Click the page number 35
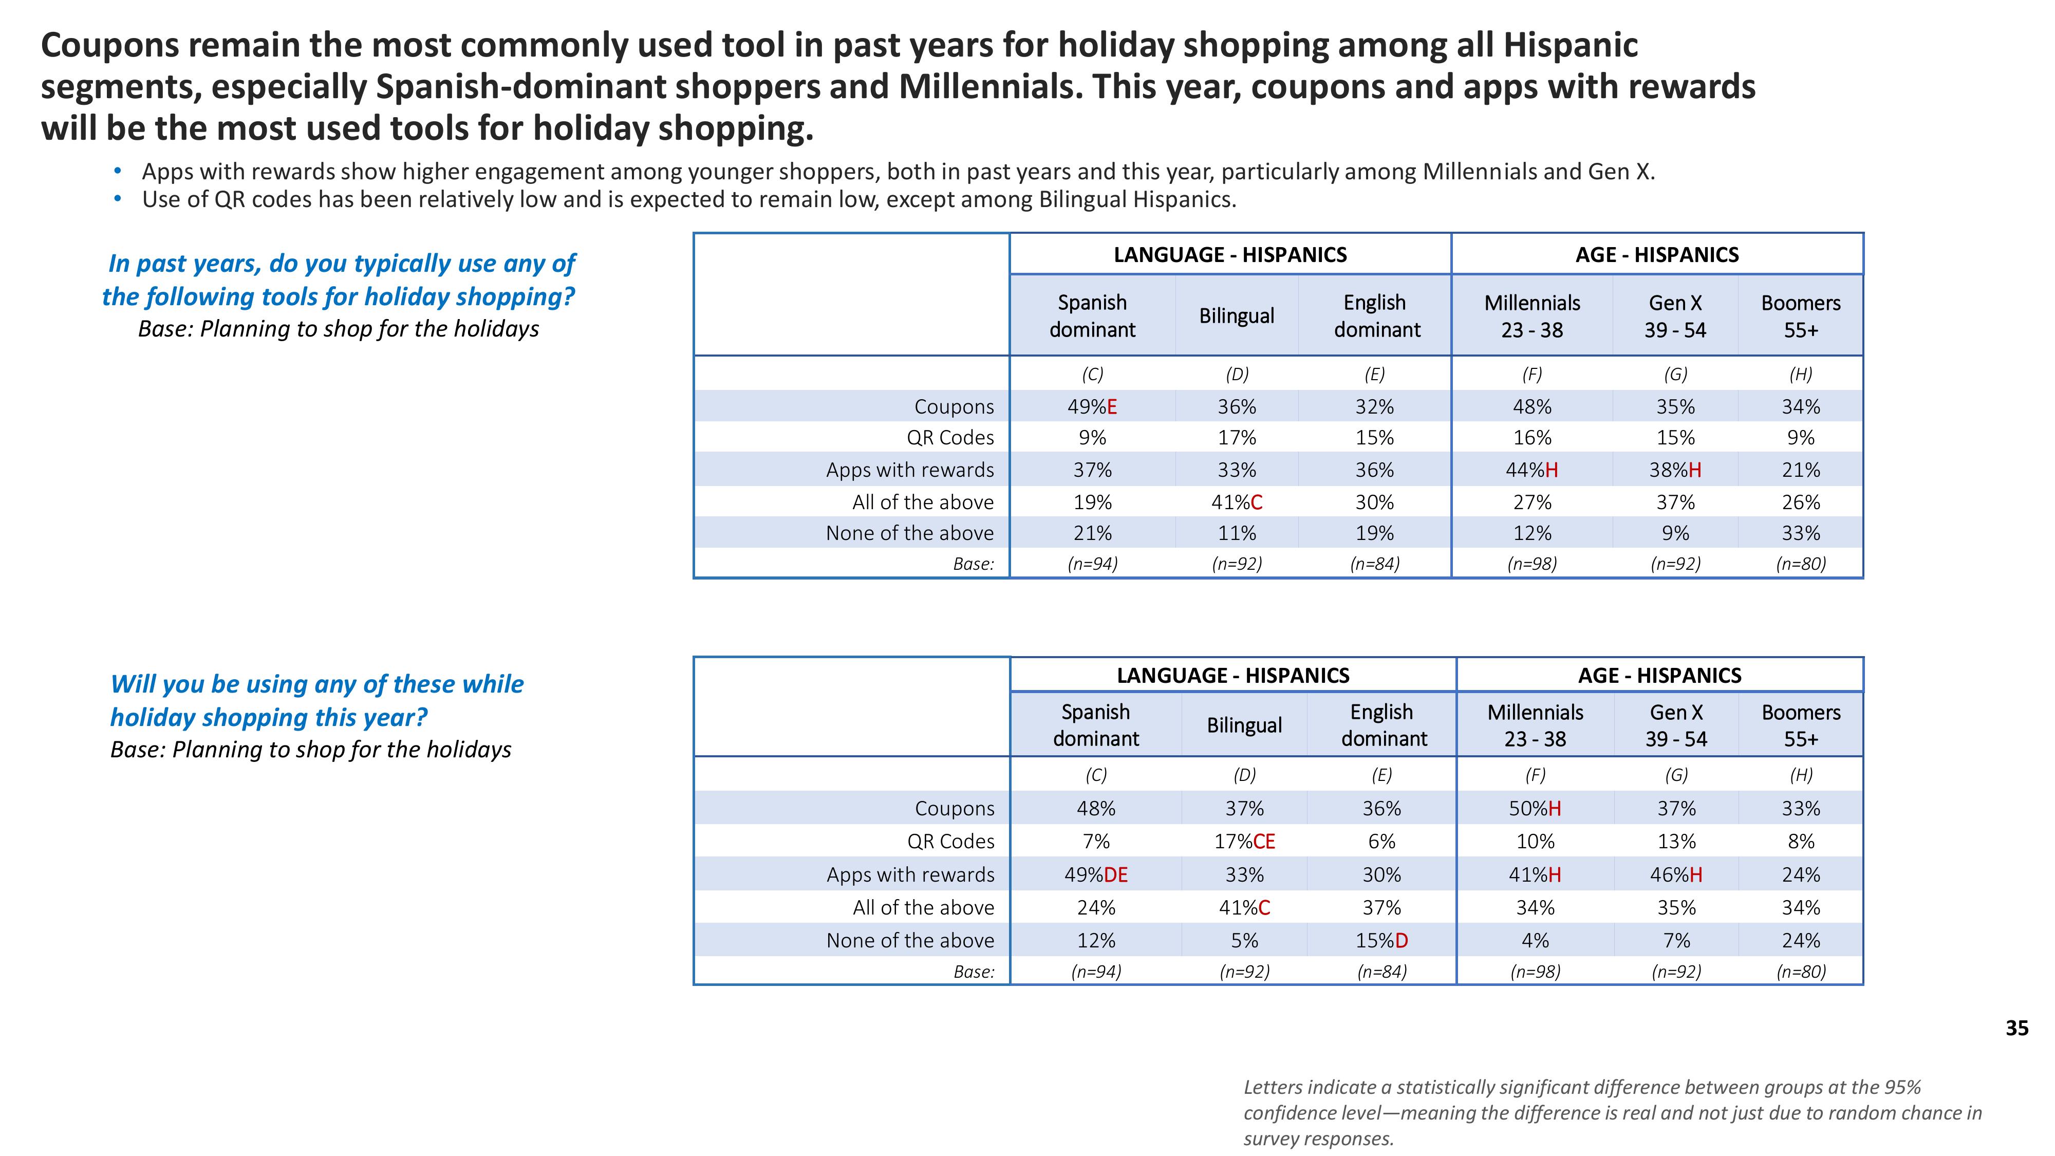2016,1029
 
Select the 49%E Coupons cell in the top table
1092,407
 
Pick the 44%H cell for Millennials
1531,471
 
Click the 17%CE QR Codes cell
1244,842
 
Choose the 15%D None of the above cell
1381,941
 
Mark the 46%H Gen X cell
1675,875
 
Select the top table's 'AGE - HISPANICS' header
1656,255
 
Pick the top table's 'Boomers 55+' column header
1801,316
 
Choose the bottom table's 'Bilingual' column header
1244,725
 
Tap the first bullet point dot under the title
118,172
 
